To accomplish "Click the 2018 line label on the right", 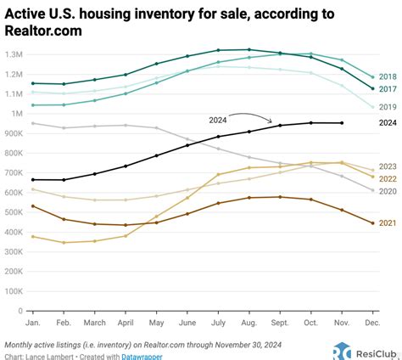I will (x=389, y=76).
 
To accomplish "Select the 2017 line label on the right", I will (x=389, y=88).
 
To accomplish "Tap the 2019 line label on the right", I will (x=389, y=108).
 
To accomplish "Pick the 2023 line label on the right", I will (x=389, y=167).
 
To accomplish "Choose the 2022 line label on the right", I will (x=389, y=178).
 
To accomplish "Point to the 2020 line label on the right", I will (x=389, y=191).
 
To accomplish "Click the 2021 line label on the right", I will (x=389, y=223).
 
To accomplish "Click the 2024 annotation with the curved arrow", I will (x=217, y=121).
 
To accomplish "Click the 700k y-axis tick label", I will (x=17, y=173).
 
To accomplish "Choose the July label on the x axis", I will (x=218, y=323).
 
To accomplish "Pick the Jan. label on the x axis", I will (x=32, y=323).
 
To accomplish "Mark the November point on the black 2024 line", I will (x=342, y=123).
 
